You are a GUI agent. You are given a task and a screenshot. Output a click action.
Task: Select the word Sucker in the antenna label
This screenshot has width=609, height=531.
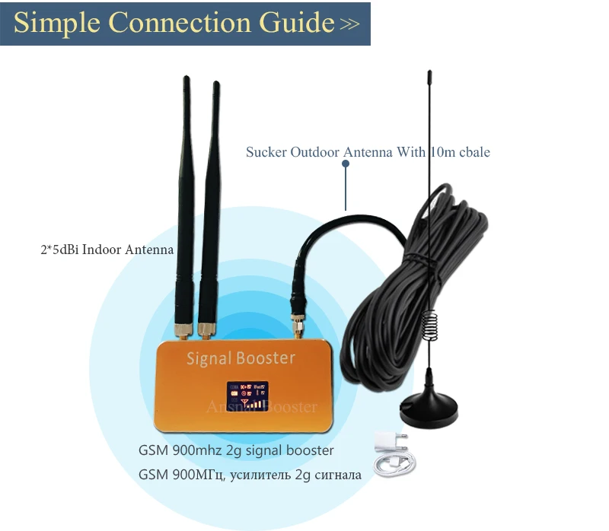pyautogui.click(x=266, y=152)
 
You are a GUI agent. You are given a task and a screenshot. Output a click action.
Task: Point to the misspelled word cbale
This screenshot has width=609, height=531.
pyautogui.click(x=472, y=152)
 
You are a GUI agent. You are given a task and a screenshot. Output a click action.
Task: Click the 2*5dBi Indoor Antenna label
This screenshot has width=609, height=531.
pyautogui.click(x=92, y=250)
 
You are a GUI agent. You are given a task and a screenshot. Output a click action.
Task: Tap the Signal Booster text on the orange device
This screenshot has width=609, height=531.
pyautogui.click(x=241, y=357)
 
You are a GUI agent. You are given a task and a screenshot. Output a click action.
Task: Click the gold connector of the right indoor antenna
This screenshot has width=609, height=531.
pyautogui.click(x=205, y=330)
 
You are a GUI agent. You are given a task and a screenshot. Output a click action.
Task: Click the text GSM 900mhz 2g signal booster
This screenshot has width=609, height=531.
pyautogui.click(x=236, y=450)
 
